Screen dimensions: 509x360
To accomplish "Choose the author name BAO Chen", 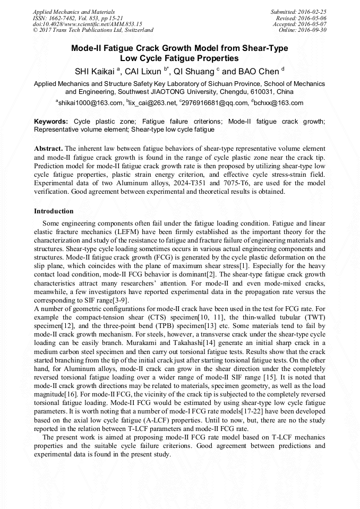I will click(258, 71).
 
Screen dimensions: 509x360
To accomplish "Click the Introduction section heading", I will click(54, 211).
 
